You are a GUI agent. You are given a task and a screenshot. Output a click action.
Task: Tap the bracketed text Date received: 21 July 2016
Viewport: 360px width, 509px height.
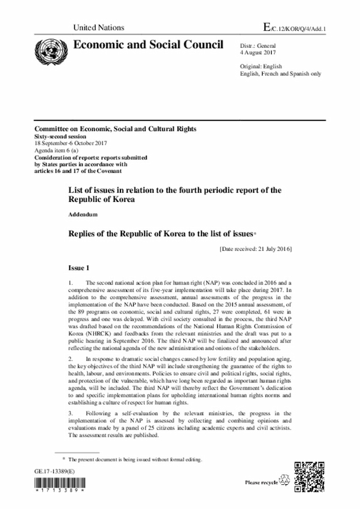click(x=254, y=248)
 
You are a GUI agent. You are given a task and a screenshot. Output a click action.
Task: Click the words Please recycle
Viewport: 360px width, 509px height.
click(x=261, y=482)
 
